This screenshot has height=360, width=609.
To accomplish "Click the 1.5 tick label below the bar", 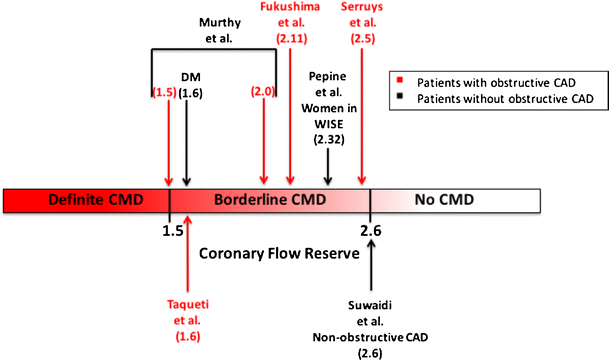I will point(171,230).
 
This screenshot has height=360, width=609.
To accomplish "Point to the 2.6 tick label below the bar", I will point(371,230).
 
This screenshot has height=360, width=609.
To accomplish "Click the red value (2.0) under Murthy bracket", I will point(264,92).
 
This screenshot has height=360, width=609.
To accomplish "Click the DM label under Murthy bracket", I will point(190,76).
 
